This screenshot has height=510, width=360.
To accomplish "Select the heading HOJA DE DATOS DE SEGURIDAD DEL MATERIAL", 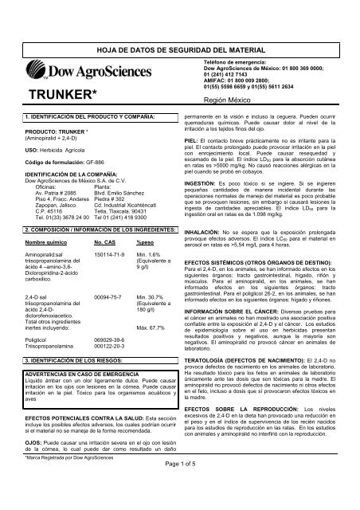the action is tap(179, 27).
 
